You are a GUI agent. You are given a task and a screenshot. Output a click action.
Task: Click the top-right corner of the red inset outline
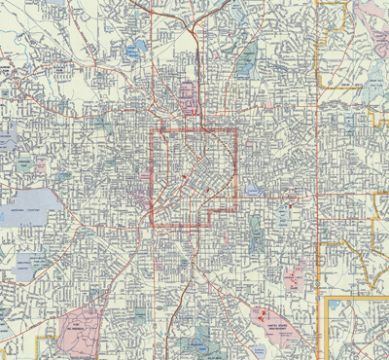[x=237, y=130]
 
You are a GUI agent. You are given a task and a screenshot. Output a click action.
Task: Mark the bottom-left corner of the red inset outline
[x=151, y=226]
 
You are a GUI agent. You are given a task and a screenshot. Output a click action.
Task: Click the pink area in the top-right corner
[x=372, y=15]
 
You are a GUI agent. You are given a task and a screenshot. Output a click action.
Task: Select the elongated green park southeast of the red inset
[x=255, y=231]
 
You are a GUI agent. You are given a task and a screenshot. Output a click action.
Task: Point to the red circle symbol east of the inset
[x=289, y=206]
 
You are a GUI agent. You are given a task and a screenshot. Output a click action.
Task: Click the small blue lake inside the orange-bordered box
[x=335, y=306]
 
